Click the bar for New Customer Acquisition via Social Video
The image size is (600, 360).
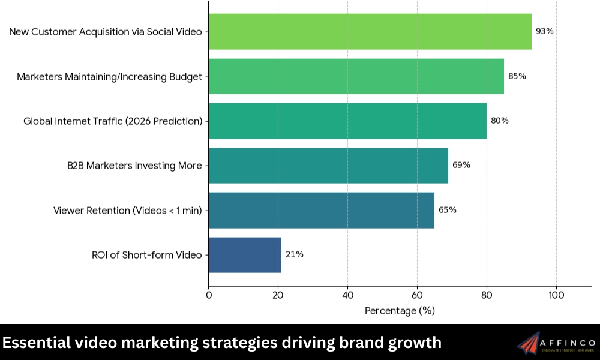point(370,31)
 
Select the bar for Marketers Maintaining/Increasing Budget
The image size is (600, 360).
point(356,76)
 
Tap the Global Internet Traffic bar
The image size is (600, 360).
point(347,121)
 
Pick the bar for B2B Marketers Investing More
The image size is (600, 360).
point(328,166)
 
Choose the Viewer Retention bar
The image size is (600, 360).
point(322,210)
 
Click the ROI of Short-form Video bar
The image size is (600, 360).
point(245,254)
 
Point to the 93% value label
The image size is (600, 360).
point(545,31)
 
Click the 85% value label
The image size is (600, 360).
point(517,76)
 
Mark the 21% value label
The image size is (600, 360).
point(295,254)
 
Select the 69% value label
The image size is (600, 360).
point(461,166)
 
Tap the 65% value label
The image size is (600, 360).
point(448,210)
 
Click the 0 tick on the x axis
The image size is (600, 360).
point(209,295)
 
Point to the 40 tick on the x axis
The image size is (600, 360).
point(347,295)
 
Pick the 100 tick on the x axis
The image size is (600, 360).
point(556,295)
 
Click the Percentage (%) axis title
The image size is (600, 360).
point(400,311)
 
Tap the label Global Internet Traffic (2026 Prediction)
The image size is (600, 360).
point(113,121)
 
